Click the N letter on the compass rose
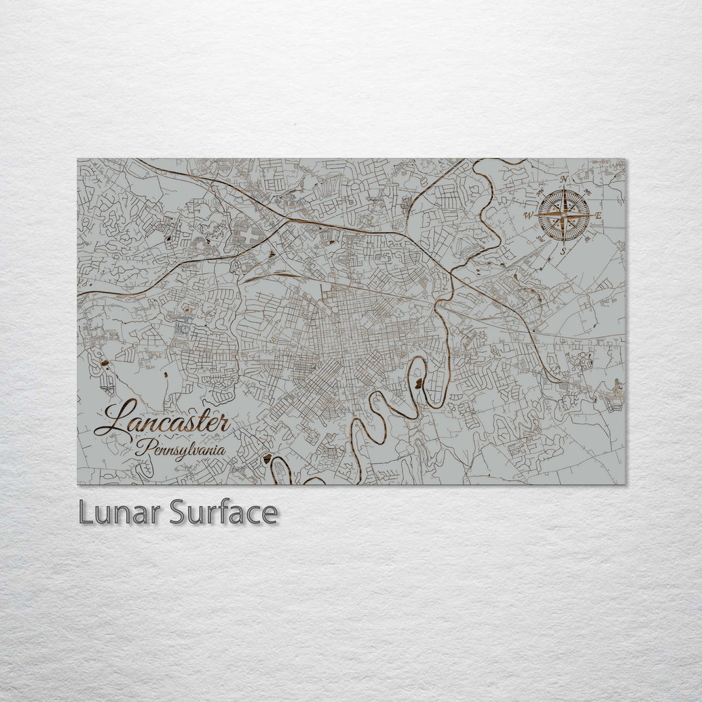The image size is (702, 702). point(564,180)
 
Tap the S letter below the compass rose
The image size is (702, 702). point(564,250)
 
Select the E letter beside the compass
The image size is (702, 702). point(598,215)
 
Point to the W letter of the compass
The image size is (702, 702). point(528,215)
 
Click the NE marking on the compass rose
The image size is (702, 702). point(588,192)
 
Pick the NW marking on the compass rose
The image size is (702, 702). point(540,192)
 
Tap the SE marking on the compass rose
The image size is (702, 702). point(588,239)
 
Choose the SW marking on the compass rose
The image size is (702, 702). point(540,239)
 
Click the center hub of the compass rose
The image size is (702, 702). point(564,215)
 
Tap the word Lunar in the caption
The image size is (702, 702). point(121,513)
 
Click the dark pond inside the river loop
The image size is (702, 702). point(419,383)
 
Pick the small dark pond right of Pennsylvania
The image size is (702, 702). point(266,459)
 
